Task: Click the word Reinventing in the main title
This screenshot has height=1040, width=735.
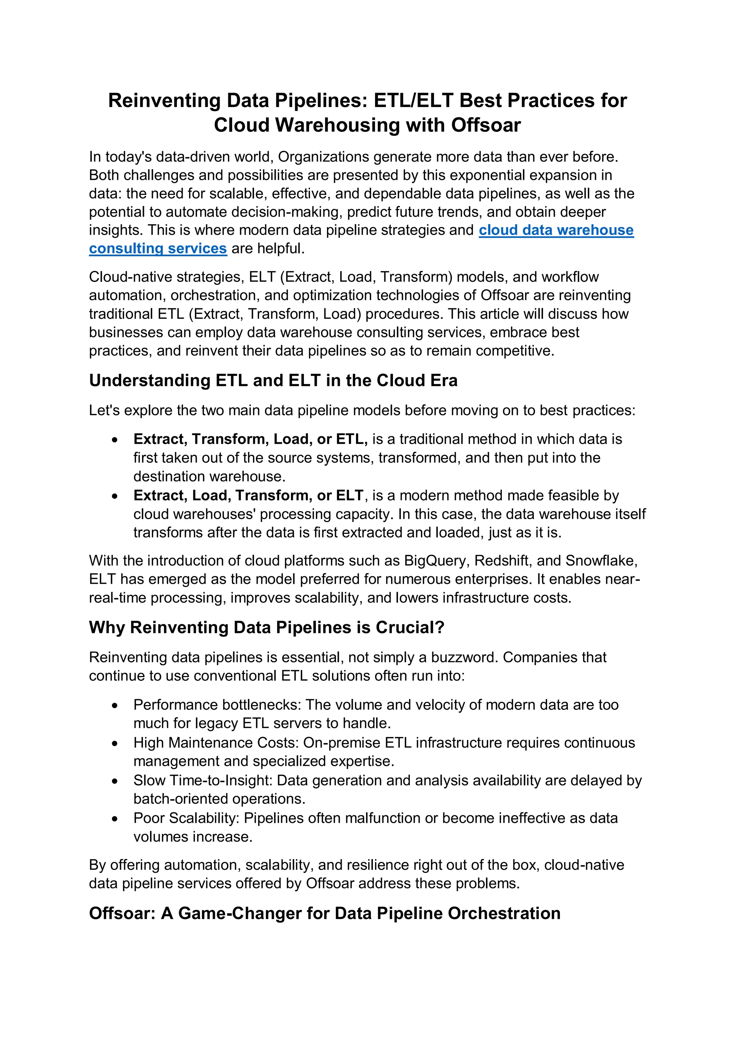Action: tap(164, 101)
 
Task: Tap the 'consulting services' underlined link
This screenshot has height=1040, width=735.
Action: tap(158, 249)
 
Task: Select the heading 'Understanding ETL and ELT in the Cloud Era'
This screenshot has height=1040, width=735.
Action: tap(273, 381)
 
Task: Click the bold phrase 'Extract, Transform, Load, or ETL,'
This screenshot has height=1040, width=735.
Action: tap(250, 439)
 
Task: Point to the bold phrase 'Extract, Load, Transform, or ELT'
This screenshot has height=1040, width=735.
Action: tap(248, 495)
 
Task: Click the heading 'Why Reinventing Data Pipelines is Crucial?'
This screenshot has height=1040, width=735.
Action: tap(266, 628)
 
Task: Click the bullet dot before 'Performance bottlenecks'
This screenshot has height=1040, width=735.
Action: tap(115, 706)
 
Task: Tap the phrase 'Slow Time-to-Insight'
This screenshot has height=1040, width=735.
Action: tap(202, 780)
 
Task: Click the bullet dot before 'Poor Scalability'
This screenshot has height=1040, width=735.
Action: tap(115, 819)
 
